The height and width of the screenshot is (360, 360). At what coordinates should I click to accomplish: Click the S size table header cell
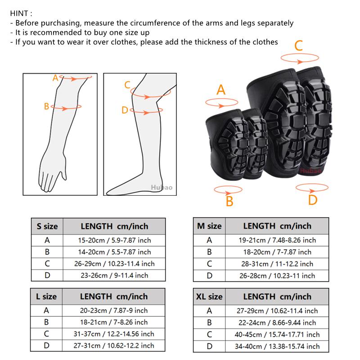(x=47, y=226)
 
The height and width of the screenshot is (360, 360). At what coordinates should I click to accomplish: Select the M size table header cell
(x=209, y=226)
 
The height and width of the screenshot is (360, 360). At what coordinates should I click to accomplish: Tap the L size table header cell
(x=47, y=296)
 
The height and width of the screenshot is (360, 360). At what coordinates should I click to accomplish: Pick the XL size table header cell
(x=209, y=297)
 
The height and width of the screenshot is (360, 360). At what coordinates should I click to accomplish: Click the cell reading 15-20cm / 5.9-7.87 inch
(x=114, y=240)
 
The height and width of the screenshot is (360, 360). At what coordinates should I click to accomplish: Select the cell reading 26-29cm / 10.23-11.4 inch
(x=114, y=264)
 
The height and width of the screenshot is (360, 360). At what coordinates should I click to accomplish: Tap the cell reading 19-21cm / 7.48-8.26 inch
(x=277, y=240)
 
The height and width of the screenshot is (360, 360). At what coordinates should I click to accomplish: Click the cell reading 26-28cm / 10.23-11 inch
(x=277, y=275)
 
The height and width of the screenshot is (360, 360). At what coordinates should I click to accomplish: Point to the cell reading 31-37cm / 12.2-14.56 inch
(x=114, y=334)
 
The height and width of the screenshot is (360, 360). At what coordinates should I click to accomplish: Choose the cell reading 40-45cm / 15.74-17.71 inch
(x=277, y=334)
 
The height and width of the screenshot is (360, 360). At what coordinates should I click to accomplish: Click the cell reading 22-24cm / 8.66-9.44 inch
(x=277, y=323)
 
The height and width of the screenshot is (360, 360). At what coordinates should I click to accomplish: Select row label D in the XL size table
(x=209, y=346)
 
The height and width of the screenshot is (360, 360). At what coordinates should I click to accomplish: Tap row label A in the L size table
(x=47, y=310)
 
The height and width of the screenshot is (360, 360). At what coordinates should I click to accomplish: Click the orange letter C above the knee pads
(x=298, y=45)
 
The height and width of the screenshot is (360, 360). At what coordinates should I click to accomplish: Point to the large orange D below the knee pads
(x=313, y=199)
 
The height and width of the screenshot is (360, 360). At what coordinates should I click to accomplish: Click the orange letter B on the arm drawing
(x=46, y=107)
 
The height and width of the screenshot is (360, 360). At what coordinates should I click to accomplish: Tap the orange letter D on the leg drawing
(x=125, y=110)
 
